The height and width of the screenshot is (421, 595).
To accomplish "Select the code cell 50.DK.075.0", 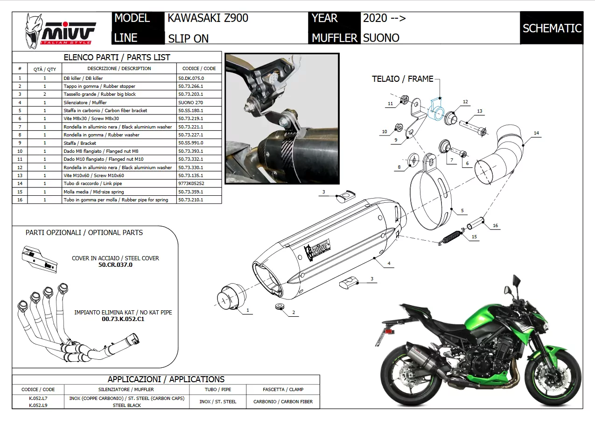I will [x=191, y=78].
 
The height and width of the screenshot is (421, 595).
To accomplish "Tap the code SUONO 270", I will [x=190, y=102].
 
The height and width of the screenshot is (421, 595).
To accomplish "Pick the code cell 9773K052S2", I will [x=191, y=184].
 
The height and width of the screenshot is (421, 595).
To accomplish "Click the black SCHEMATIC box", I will [x=552, y=28].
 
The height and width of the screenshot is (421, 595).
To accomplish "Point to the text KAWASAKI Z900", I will [x=208, y=18].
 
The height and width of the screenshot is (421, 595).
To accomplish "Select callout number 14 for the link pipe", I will [x=536, y=133].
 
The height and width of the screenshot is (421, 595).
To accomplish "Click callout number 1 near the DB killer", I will [x=248, y=310].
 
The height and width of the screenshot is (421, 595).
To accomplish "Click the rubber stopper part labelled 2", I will [x=279, y=307].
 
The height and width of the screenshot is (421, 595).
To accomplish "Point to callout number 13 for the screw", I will [x=479, y=111].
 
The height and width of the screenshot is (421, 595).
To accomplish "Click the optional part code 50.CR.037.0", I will [x=115, y=264].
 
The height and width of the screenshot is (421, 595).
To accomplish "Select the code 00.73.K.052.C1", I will [x=123, y=319].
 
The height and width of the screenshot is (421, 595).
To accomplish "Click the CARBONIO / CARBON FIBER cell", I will [x=283, y=401].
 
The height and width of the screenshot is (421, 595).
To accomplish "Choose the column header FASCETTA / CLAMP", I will [x=283, y=389].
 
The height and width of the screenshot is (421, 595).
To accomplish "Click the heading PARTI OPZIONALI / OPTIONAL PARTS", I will [x=84, y=233].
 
